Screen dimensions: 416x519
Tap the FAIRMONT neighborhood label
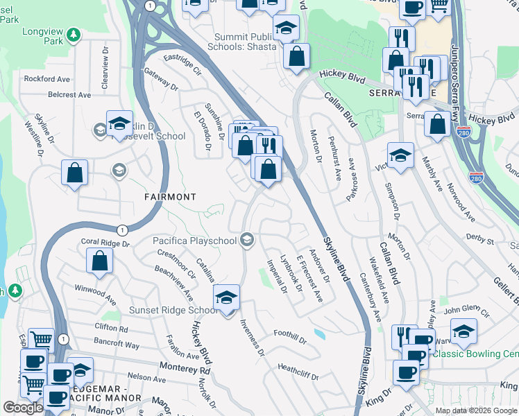click(x=170, y=197)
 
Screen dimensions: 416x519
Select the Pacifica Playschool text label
click(x=196, y=241)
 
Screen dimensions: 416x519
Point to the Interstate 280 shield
click(x=476, y=178)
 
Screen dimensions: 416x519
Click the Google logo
click(x=23, y=408)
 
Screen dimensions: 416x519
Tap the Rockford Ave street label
click(x=47, y=79)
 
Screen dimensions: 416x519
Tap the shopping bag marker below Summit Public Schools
click(x=296, y=59)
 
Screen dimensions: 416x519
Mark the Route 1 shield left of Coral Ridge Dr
click(x=122, y=229)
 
